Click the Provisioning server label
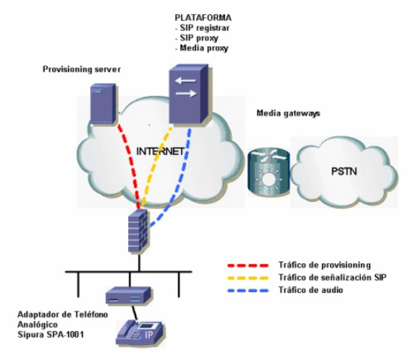tap(82, 69)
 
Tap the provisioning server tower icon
tap(103, 104)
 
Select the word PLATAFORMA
tap(204, 18)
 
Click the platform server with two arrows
tap(190, 94)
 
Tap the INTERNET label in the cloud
tap(160, 151)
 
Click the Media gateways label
tap(289, 113)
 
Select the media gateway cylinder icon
tap(268, 172)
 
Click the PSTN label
tap(344, 171)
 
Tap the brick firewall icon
tap(139, 231)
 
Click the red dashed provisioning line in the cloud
tap(130, 165)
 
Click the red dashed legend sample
tap(248, 265)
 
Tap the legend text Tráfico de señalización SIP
tap(332, 277)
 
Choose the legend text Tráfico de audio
tap(311, 290)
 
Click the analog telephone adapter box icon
tap(128, 295)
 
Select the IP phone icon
tap(141, 332)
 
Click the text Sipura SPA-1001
tap(51, 335)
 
